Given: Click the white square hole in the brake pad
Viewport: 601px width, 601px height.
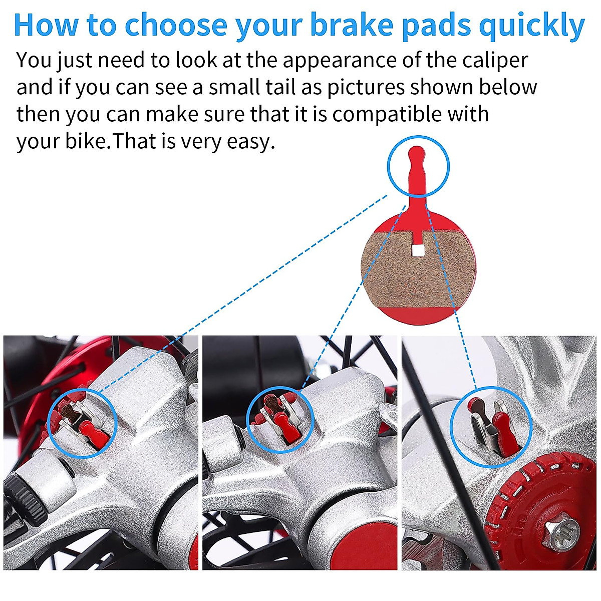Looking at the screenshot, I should click(x=417, y=249).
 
